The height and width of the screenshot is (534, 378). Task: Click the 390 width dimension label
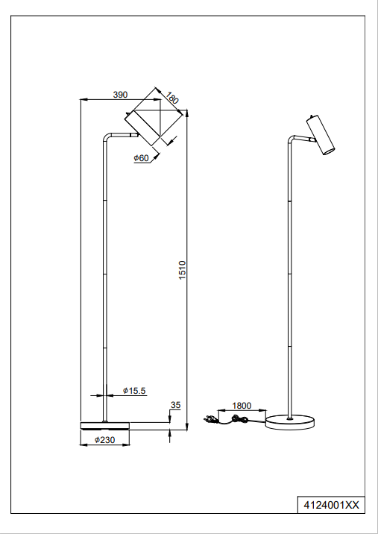click(x=120, y=95)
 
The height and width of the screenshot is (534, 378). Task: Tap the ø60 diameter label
click(x=142, y=157)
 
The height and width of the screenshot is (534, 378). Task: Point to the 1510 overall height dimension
click(x=182, y=272)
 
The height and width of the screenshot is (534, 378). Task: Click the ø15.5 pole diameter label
click(x=133, y=391)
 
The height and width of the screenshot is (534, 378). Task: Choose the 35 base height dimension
click(x=175, y=406)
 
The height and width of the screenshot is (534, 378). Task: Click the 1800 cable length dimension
click(x=242, y=406)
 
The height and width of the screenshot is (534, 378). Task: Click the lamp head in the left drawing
click(x=154, y=119)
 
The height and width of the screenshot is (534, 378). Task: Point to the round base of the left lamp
click(x=104, y=425)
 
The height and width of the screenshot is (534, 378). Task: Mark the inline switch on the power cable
click(x=241, y=421)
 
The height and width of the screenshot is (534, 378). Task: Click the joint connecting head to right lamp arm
click(x=309, y=140)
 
